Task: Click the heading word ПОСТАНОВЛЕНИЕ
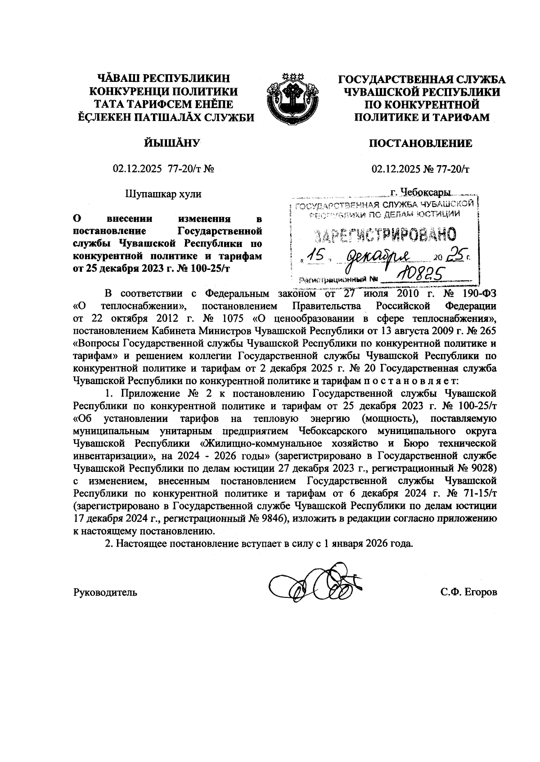pos(420,143)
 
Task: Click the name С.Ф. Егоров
pos(468,592)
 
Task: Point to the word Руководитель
pos(105,592)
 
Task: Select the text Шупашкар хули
pos(163,194)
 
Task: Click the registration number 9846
pos(271,518)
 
